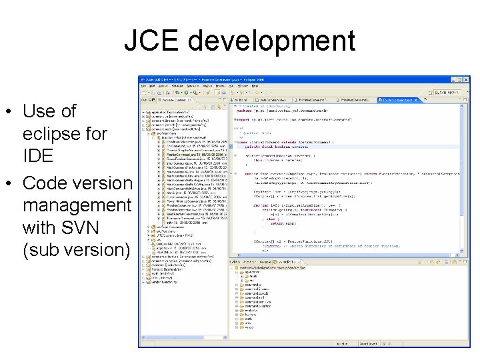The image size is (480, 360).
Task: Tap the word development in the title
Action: click(x=273, y=41)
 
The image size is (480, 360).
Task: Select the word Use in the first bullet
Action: click(x=39, y=111)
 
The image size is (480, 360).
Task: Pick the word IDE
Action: click(x=38, y=157)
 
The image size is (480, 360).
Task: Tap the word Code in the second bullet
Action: click(x=45, y=183)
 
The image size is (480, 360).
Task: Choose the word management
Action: click(x=77, y=205)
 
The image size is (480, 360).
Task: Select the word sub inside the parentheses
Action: click(x=43, y=251)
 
